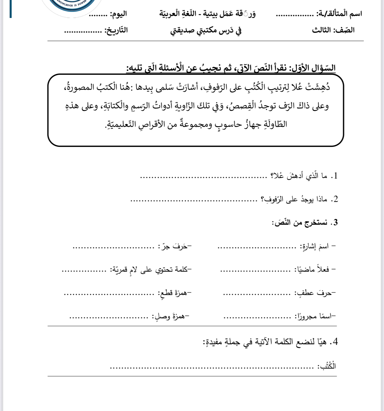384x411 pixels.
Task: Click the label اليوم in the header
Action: coord(118,14)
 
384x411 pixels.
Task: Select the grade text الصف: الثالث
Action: coord(333,30)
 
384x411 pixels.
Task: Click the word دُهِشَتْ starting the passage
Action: coord(318,87)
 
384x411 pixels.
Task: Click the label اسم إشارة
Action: coord(316,246)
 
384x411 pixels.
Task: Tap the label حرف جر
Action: coord(175,247)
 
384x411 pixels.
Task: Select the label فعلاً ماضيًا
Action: coord(314,270)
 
